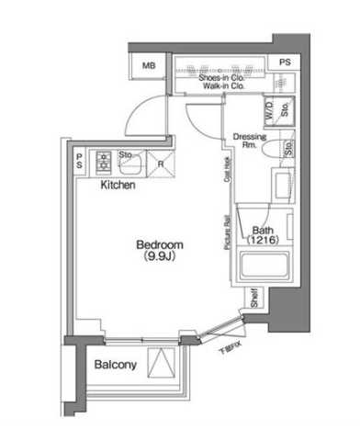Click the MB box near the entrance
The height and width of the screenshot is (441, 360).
(147, 64)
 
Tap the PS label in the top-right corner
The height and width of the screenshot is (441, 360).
(285, 62)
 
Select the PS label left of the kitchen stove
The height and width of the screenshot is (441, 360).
(79, 161)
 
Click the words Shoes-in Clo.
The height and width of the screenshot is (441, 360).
(220, 79)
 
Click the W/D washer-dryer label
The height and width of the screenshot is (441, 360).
(269, 112)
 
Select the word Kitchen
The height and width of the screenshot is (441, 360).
(118, 186)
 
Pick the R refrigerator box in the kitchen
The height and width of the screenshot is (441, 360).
(162, 165)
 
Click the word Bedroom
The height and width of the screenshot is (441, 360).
(160, 244)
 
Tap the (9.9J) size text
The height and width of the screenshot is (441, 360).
(160, 257)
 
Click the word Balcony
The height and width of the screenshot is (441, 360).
(116, 365)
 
